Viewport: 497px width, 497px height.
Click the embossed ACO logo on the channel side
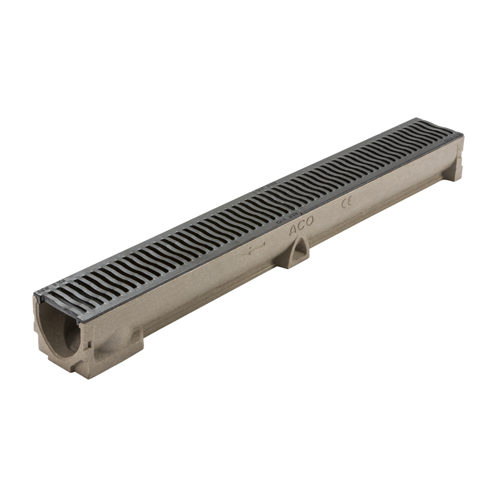click(x=301, y=226)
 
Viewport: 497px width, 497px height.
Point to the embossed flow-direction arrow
click(x=253, y=250)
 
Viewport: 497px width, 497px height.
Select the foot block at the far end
click(x=453, y=168)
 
